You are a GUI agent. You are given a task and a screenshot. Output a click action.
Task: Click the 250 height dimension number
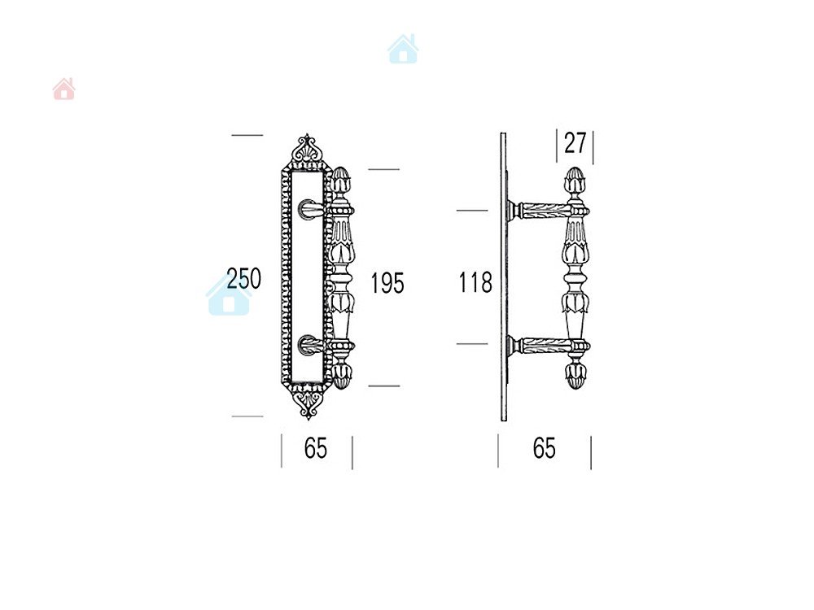243,278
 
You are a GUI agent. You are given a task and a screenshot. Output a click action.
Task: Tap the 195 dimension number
387,283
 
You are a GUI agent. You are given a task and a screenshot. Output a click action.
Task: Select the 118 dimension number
475,283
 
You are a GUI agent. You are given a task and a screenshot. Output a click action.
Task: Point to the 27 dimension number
575,143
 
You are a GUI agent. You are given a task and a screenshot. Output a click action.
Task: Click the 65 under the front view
316,448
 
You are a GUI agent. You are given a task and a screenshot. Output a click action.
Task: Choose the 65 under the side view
544,448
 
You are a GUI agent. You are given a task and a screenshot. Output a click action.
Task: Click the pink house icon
63,89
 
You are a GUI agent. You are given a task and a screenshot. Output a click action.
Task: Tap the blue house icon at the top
404,50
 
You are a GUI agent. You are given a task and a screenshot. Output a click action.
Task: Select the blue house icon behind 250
229,294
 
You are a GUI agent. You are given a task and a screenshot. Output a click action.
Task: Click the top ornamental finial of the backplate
306,151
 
